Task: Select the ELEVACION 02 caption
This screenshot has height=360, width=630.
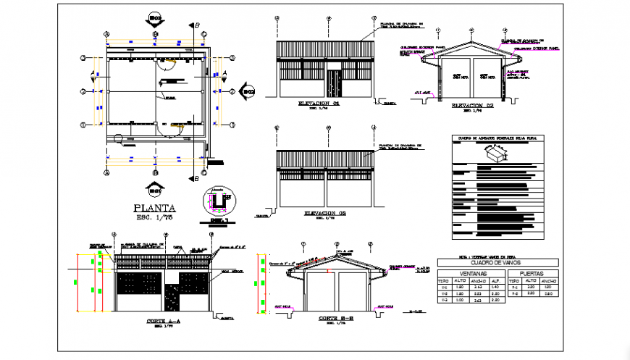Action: (471, 105)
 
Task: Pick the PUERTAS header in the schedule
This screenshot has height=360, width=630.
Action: (533, 273)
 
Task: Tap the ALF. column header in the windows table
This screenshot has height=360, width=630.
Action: (495, 280)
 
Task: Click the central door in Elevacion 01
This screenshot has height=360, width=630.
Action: (334, 83)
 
